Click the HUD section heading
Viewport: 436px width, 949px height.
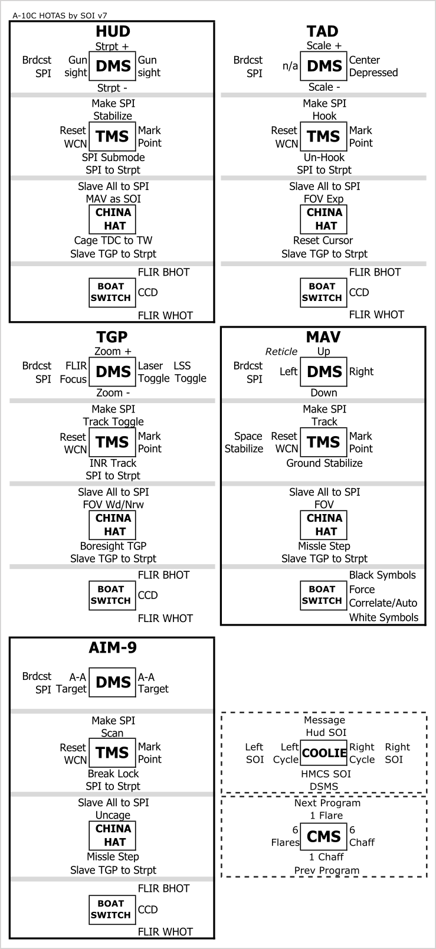coord(113,31)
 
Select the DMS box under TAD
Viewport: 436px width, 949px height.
coord(324,66)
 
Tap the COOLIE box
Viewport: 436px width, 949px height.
coord(324,752)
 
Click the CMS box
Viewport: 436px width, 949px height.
coord(324,836)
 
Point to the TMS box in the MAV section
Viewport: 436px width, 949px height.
coord(324,442)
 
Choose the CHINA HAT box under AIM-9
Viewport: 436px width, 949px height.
coord(113,835)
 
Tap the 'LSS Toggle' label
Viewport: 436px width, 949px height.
coord(190,372)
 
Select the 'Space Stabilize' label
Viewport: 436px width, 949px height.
coord(244,442)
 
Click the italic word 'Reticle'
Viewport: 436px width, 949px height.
coord(281,352)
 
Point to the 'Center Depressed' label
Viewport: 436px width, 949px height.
coord(373,66)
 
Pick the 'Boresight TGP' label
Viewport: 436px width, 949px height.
coord(113,546)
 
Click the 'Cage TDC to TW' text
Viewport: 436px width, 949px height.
coord(113,240)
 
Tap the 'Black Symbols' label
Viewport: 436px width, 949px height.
coord(382,575)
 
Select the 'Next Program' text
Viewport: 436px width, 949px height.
coord(327,803)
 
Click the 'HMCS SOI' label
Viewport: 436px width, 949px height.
coord(326,774)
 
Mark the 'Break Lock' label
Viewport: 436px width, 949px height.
coord(113,773)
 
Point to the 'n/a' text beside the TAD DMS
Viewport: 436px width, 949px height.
coord(290,66)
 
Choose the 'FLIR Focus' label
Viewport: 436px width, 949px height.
coord(74,372)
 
